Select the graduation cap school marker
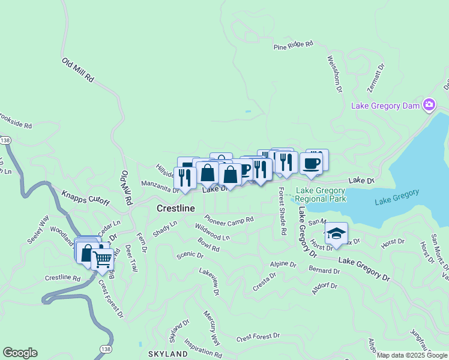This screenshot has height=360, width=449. [336, 233]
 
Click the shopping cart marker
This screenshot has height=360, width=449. [103, 259]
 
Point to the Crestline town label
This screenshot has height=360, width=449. [176, 208]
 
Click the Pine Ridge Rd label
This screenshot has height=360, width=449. [294, 45]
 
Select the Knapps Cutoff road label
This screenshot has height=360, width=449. [86, 198]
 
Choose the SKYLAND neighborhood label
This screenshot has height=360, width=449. [167, 354]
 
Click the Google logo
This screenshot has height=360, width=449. [20, 353]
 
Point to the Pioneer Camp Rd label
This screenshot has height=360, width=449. [229, 219]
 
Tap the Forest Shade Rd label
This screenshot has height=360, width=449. [282, 211]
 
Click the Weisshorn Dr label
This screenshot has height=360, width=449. [334, 74]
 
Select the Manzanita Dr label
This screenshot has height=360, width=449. [160, 187]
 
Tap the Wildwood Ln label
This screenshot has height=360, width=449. [212, 232]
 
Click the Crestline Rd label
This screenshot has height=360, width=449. [62, 278]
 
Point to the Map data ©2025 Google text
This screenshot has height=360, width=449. [411, 355]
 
